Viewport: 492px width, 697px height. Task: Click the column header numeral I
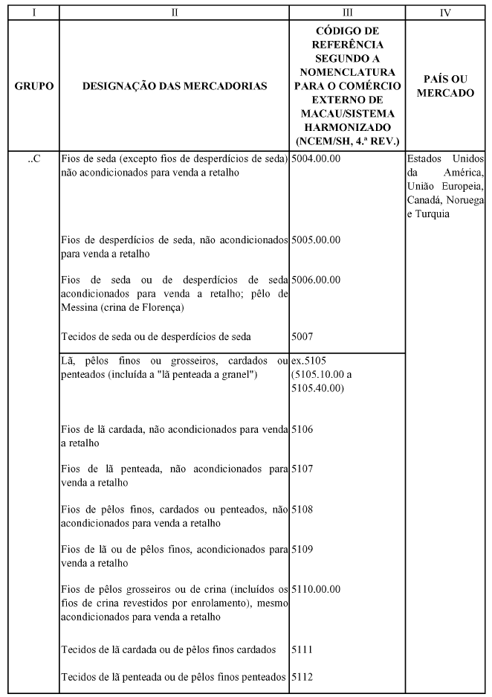(33, 13)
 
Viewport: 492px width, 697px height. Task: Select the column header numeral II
(175, 13)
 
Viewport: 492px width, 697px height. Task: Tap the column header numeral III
(347, 13)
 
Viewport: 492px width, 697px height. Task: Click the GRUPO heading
(33, 86)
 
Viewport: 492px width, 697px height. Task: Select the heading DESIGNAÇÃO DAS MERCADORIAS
(175, 86)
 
